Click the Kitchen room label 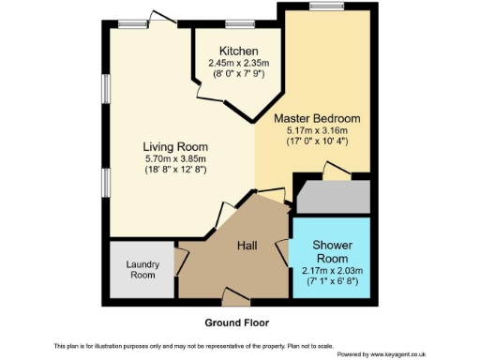click(x=238, y=51)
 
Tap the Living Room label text click(x=175, y=147)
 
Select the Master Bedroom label click(x=317, y=119)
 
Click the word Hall click(x=247, y=246)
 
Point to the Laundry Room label click(x=142, y=270)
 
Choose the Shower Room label click(x=332, y=251)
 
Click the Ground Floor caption click(x=239, y=322)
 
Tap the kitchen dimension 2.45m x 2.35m click(x=238, y=63)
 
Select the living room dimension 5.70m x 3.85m click(x=175, y=159)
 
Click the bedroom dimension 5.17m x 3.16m click(x=317, y=131)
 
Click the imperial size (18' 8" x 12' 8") click(x=175, y=171)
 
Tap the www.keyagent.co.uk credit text click(x=382, y=354)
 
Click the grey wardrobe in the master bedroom click(x=332, y=196)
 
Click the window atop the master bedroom click(x=326, y=7)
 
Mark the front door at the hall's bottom click(x=237, y=301)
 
